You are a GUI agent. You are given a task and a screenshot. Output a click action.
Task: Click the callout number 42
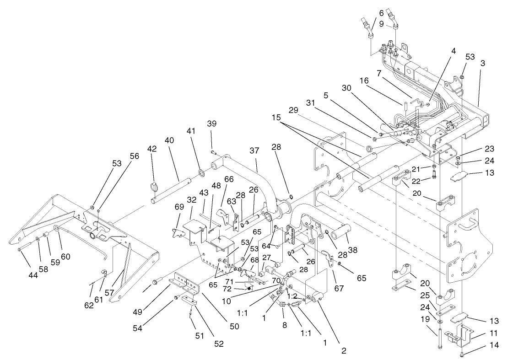tap(152, 149)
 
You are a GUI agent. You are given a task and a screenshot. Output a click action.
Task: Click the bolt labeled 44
tap(20, 250)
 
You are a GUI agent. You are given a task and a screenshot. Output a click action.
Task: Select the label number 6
tap(381, 13)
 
